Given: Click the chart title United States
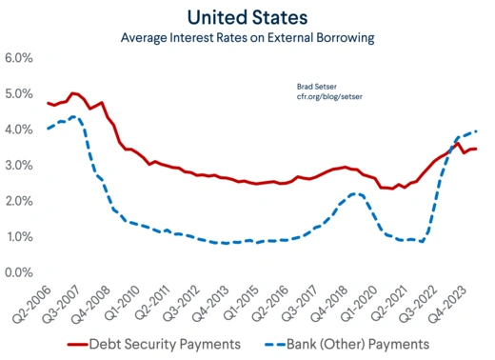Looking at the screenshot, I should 248,16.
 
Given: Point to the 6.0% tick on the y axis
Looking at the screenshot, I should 20,58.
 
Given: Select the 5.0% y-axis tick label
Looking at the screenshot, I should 20,94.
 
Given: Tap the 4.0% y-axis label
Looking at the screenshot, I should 20,130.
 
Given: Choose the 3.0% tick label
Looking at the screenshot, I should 20,166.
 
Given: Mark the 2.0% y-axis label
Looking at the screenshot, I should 20,201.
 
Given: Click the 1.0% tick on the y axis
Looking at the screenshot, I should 20,237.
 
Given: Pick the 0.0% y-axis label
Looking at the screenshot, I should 20,272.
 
